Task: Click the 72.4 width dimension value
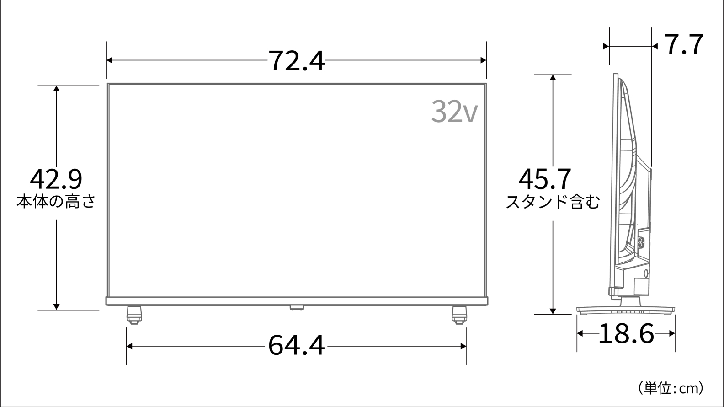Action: pyautogui.click(x=296, y=61)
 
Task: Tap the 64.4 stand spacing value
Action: pyautogui.click(x=296, y=346)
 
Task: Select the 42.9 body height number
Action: pyautogui.click(x=56, y=179)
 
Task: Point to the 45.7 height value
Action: pyautogui.click(x=545, y=179)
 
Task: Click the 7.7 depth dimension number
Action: pyautogui.click(x=684, y=44)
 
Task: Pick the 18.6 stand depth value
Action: pyautogui.click(x=626, y=334)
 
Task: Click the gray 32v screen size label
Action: pyautogui.click(x=454, y=112)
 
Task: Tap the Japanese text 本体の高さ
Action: pyautogui.click(x=56, y=201)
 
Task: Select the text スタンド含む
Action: pyautogui.click(x=553, y=202)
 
